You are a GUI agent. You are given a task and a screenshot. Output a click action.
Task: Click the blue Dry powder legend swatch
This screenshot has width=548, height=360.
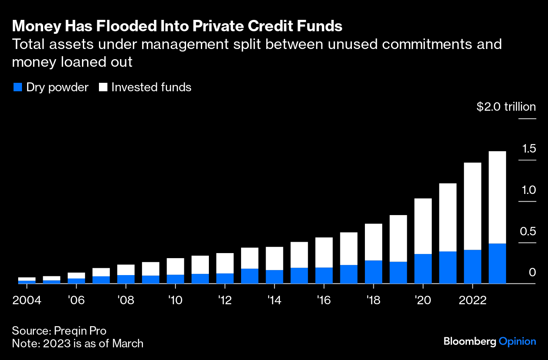17,87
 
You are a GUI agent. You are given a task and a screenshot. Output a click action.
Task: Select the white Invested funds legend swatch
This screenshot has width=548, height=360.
103,87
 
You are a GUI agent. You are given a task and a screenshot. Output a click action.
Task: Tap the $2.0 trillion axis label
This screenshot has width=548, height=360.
506,107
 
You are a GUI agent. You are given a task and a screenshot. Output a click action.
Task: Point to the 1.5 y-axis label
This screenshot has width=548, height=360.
529,149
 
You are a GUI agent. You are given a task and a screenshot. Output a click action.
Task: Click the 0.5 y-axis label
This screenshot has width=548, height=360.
529,232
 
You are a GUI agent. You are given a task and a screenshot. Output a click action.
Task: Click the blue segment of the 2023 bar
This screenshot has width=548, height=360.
497,263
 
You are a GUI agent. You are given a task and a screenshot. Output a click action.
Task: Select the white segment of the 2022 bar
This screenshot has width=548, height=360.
472,206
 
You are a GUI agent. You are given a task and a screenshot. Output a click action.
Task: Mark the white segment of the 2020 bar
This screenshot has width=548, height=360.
423,226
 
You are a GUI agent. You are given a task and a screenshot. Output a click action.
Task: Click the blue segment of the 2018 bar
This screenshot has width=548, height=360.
373,272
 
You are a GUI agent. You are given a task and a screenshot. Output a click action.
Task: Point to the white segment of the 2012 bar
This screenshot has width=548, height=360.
225,263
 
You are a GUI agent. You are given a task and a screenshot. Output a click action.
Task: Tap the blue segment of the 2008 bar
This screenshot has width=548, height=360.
126,279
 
